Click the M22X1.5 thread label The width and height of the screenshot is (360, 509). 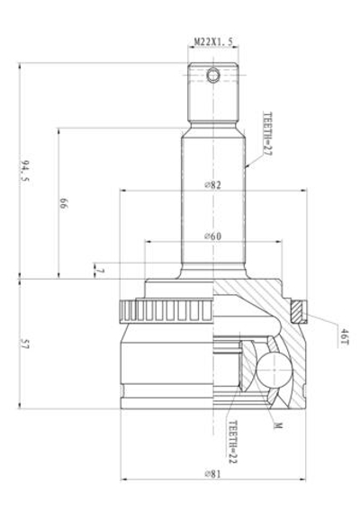tap(213, 41)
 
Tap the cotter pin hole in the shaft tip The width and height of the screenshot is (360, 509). tap(212, 76)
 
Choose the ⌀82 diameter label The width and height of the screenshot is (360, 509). tap(213, 184)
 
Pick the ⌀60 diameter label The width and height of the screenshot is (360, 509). tap(213, 236)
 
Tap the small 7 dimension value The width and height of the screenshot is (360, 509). tap(100, 270)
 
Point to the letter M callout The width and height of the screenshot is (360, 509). tap(278, 425)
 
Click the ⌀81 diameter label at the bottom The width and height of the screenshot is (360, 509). tap(213, 473)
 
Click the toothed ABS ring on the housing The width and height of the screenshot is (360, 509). tap(166, 313)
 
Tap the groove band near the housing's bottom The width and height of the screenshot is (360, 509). tap(166, 389)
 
